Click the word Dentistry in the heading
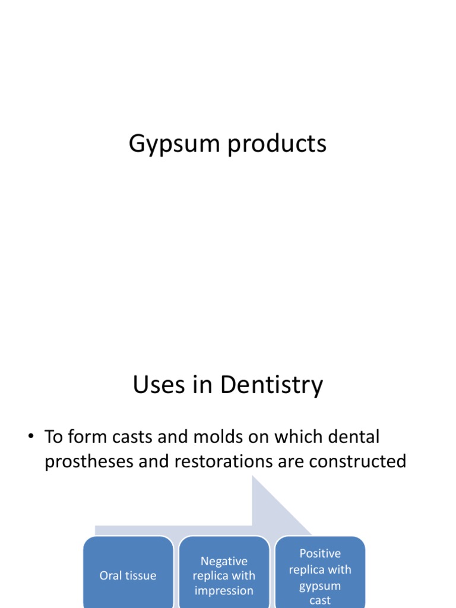pyautogui.click(x=271, y=385)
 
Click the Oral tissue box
pyautogui.click(x=128, y=573)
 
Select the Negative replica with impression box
pyautogui.click(x=224, y=573)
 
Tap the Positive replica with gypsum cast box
pyautogui.click(x=320, y=573)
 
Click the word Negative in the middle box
pyautogui.click(x=224, y=561)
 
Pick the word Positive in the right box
pyautogui.click(x=320, y=553)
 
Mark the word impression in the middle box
pyautogui.click(x=224, y=591)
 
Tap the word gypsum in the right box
pyautogui.click(x=320, y=586)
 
